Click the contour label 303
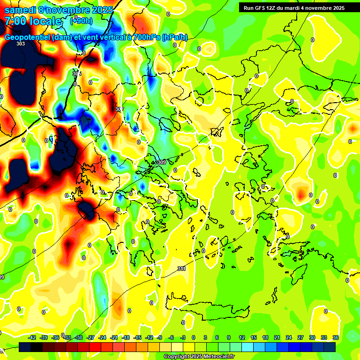tap(20, 44)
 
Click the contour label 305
tap(77, 74)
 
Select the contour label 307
tap(120, 109)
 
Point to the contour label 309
tap(162, 162)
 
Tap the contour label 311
tap(181, 269)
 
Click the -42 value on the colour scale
tap(32, 337)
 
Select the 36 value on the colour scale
tap(335, 337)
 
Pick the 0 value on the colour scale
tap(194, 337)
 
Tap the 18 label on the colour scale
tap(265, 337)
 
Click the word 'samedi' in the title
tap(22, 9)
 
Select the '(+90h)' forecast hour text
tap(81, 21)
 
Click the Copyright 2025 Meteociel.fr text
tap(199, 357)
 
